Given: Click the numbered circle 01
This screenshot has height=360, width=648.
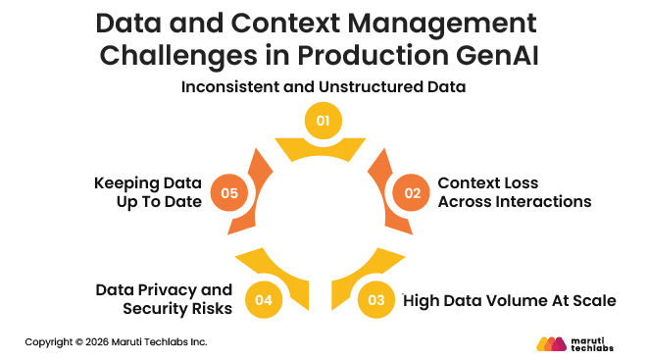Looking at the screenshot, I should click(324, 121).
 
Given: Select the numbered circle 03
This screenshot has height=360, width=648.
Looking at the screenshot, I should click(375, 300).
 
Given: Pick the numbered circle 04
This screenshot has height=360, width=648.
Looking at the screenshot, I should click(263, 300).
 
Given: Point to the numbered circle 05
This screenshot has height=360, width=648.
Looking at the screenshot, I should click(230, 192).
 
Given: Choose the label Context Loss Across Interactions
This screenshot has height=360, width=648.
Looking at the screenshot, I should click(514, 192).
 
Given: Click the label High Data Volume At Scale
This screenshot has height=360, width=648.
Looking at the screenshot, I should click(510, 300).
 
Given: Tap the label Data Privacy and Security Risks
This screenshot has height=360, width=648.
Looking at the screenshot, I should click(165, 299).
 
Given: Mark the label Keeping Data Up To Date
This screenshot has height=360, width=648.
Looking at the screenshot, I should click(148, 192).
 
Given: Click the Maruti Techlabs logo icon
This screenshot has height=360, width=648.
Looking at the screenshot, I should click(553, 343).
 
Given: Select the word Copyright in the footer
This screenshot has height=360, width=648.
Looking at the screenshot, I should click(49, 342).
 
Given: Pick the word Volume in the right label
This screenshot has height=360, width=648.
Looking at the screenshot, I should click(515, 300).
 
